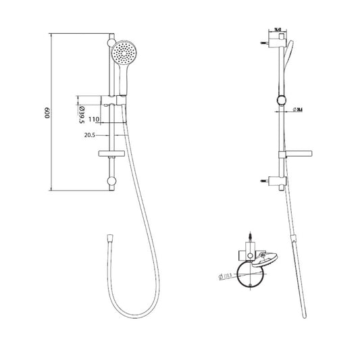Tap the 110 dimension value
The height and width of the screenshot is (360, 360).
click(x=94, y=119)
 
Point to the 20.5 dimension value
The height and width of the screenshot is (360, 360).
click(x=89, y=135)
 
